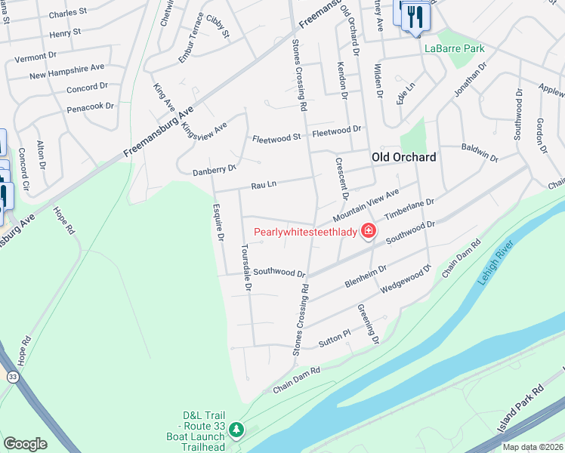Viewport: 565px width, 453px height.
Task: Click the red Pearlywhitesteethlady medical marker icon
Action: coord(369,231)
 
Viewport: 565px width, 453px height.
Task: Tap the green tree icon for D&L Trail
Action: coord(236,430)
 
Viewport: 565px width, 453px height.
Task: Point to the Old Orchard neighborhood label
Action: coord(403,157)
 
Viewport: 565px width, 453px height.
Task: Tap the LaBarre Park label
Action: coord(453,48)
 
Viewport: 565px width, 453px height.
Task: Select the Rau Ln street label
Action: coord(264,183)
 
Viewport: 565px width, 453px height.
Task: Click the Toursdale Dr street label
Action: coord(245,267)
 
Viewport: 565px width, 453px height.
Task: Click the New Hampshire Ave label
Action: coord(66,72)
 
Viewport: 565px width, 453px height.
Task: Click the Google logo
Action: coord(26,444)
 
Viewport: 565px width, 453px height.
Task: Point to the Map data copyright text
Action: coord(533,447)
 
